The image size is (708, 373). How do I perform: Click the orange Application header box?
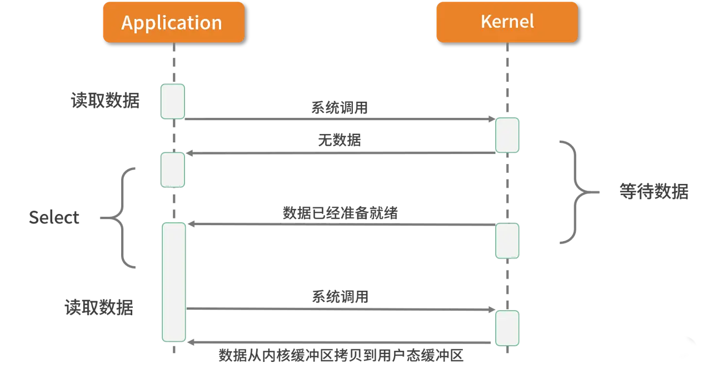pos(173,22)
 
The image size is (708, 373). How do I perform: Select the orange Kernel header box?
pos(506,22)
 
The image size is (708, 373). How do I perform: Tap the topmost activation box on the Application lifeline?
pos(173,101)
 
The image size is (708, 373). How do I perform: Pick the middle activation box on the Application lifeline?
pos(173,170)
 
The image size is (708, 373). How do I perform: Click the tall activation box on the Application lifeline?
pos(173,282)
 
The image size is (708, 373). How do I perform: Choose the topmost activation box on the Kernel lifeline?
pos(507,135)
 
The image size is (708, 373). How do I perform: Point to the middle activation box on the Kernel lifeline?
pos(507,241)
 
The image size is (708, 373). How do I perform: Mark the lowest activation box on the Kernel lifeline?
pos(507,328)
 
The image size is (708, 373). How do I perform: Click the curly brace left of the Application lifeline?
pos(123,217)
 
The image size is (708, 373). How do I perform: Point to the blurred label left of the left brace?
pos(53,218)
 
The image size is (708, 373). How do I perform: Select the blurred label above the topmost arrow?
pos(339,107)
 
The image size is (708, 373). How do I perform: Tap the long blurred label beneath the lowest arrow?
pos(340,356)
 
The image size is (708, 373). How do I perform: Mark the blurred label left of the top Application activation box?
pos(104,101)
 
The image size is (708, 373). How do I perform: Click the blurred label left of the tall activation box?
pos(98,307)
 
